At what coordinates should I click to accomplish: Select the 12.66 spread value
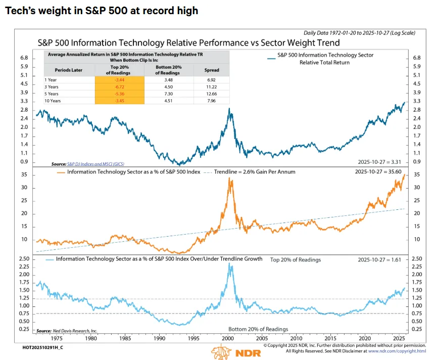point(211,94)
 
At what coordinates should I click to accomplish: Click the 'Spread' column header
point(211,71)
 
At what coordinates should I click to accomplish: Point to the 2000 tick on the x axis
point(227,338)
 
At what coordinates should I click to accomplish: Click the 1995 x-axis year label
point(194,338)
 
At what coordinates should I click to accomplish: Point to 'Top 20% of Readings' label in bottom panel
point(295,259)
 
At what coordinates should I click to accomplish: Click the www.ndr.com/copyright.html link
point(396,351)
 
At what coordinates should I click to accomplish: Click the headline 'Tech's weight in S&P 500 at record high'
point(102,10)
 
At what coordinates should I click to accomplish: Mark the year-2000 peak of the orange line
point(231,178)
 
